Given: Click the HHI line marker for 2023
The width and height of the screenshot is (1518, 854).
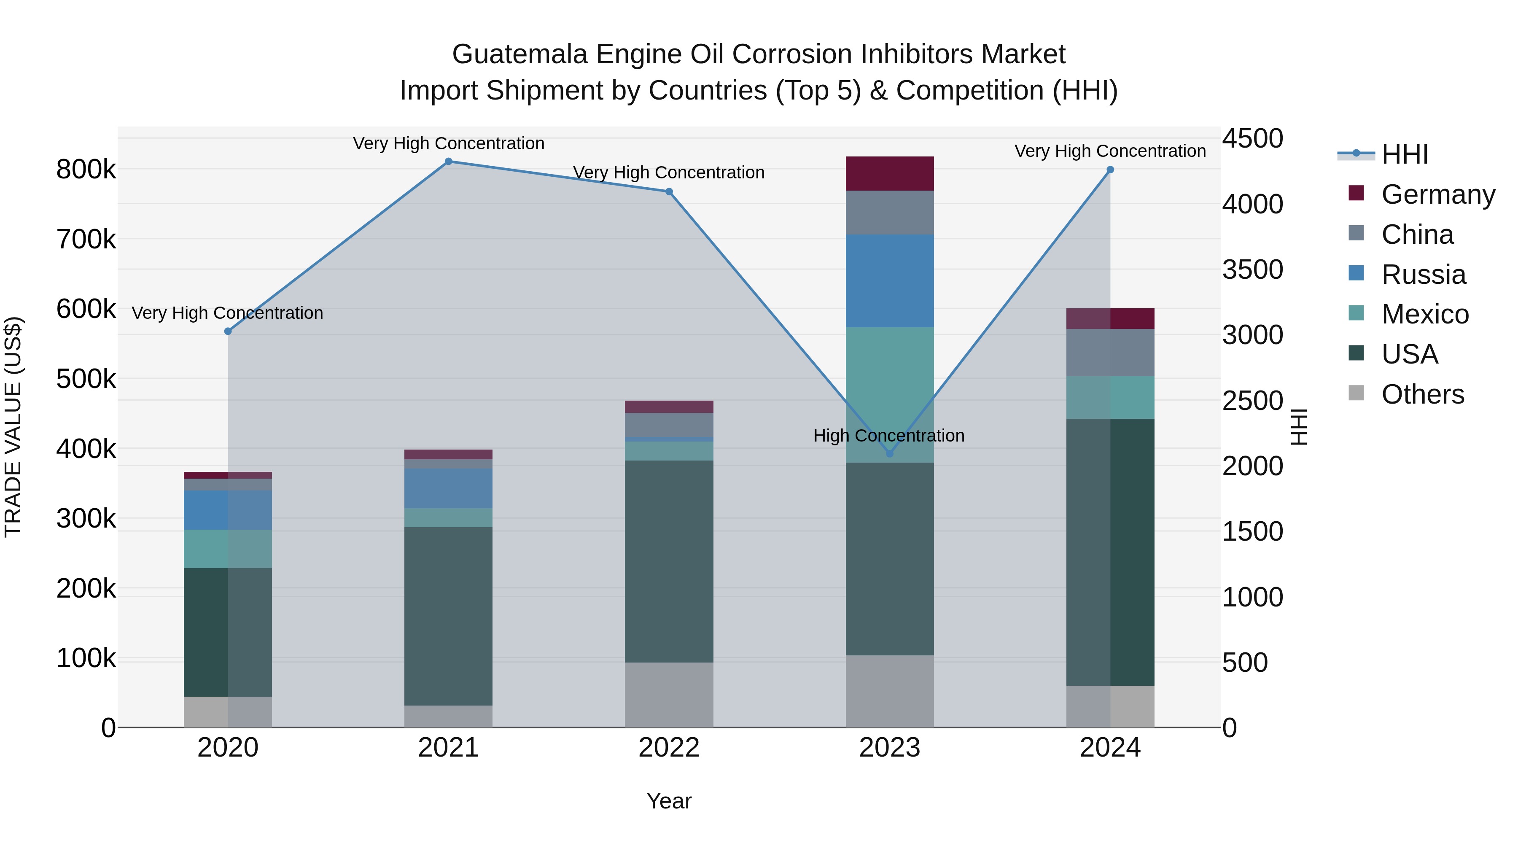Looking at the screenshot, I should [890, 453].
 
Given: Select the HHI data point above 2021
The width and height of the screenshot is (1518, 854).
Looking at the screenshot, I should [449, 162].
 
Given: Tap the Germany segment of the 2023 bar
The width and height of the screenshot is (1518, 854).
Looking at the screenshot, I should [890, 173].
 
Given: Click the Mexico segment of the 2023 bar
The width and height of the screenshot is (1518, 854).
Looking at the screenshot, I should [890, 389].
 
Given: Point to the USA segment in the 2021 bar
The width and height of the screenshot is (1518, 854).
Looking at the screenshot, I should [449, 616].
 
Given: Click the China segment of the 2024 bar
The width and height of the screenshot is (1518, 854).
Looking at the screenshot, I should [1110, 353].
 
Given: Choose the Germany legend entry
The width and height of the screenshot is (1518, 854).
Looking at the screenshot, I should [1438, 194].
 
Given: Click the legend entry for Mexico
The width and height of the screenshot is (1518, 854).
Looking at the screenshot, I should [1425, 314].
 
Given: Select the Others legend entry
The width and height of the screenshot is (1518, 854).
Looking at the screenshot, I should [1423, 394].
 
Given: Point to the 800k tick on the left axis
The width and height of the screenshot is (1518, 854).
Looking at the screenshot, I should [86, 170].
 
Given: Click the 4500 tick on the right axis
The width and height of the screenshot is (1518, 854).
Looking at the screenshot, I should [1252, 139].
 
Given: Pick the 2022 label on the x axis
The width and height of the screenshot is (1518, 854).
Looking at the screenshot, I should [669, 748].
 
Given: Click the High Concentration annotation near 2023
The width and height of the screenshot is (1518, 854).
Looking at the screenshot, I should [888, 436].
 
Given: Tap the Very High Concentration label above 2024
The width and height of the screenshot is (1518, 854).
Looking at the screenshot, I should [1110, 151].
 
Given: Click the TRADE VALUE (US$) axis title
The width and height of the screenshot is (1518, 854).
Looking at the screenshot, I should [13, 427].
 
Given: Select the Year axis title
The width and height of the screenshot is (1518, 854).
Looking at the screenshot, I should [669, 801].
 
